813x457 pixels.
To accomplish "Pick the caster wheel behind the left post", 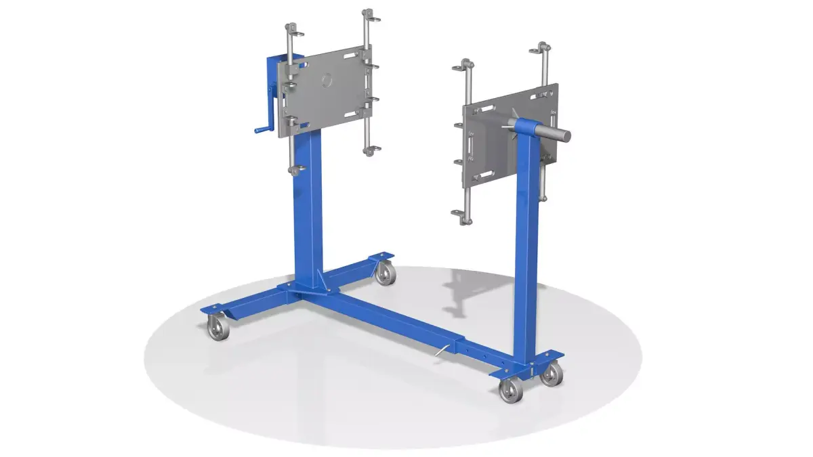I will pos(385,274).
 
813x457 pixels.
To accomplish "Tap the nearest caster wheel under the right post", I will pos(509,391).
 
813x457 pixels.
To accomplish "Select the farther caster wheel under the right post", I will pos(551,374).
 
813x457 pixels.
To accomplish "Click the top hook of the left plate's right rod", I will pos(368,15).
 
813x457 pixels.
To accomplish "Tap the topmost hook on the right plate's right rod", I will pos(542,49).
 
